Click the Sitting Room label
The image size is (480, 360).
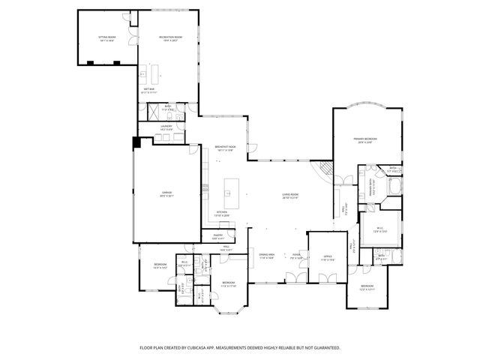106,39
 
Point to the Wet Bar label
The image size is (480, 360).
149,91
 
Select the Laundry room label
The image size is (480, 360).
166,128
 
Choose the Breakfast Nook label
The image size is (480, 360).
226,148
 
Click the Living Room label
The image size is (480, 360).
290,197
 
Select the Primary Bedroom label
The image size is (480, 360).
366,139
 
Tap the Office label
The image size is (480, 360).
328,258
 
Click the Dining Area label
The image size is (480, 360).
267,256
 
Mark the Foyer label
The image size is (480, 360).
296,256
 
